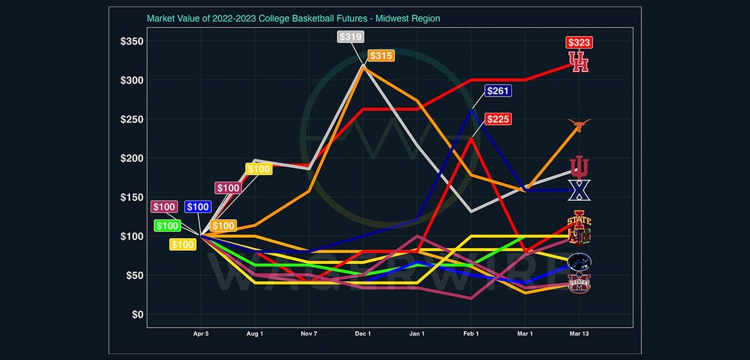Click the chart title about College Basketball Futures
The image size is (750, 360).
(x=293, y=19)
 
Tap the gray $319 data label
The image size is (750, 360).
(x=350, y=37)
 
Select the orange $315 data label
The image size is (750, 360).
(x=381, y=56)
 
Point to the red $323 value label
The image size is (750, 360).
(x=579, y=43)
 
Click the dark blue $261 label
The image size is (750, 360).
(x=497, y=91)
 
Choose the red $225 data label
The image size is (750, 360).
(x=498, y=119)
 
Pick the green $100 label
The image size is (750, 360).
(x=167, y=226)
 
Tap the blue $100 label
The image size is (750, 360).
(x=197, y=207)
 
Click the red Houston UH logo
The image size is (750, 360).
(x=579, y=62)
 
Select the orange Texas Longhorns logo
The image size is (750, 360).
(x=579, y=125)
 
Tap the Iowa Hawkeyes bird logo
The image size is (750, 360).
(x=580, y=262)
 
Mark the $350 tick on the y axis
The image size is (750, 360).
(x=130, y=41)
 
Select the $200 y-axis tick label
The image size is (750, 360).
(x=130, y=158)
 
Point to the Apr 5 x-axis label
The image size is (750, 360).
(x=201, y=334)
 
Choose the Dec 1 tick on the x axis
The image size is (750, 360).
(x=363, y=334)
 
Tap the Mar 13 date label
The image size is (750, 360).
(x=579, y=334)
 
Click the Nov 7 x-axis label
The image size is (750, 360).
(x=309, y=334)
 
